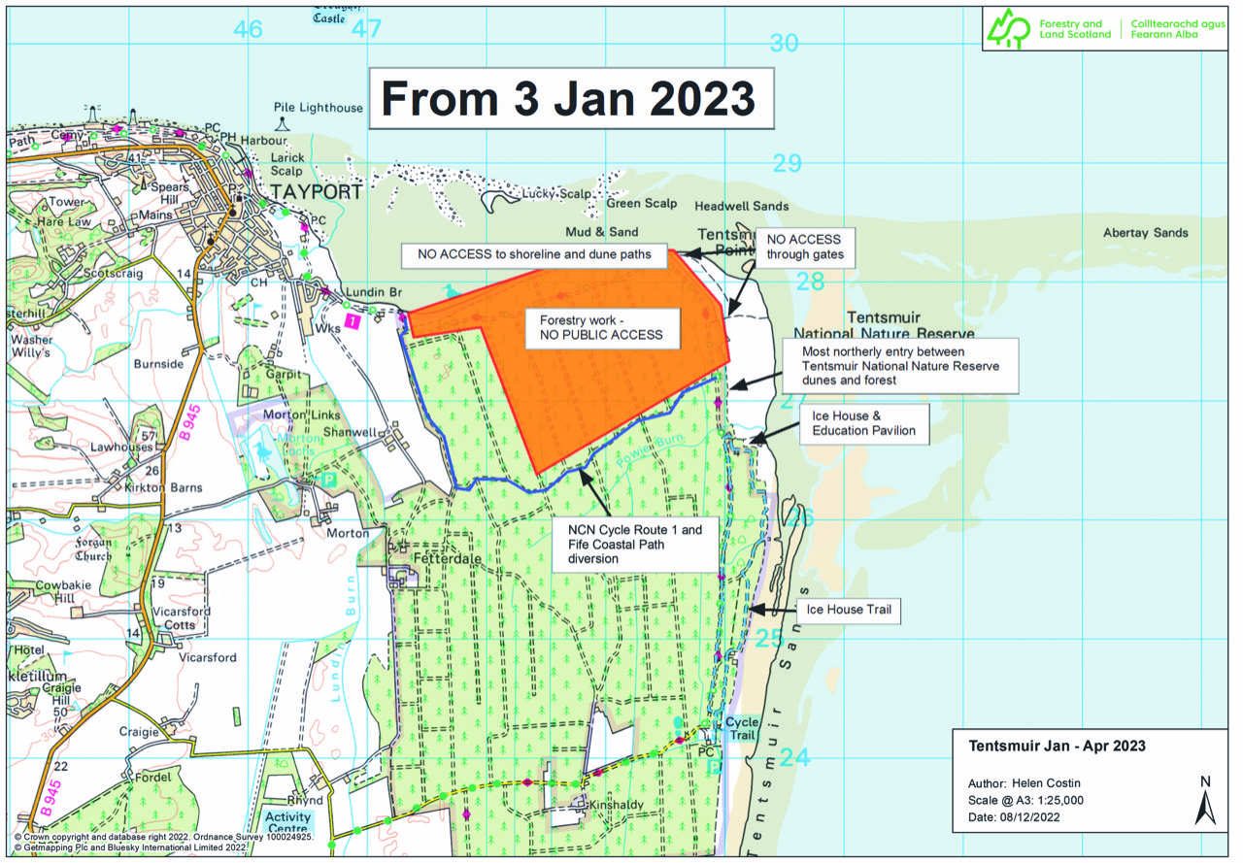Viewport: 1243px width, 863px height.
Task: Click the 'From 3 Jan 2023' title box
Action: click(570, 99)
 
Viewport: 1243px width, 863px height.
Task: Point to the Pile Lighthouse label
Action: click(318, 108)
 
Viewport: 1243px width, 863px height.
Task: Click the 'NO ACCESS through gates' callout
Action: click(805, 248)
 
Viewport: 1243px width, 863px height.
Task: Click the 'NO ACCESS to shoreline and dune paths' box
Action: click(534, 255)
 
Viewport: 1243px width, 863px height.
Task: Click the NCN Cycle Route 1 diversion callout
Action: click(635, 545)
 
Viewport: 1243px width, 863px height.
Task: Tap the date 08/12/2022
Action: click(1039, 817)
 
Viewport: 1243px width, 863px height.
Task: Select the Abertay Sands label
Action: click(1145, 233)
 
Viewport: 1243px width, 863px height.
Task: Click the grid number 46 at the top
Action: click(248, 29)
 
